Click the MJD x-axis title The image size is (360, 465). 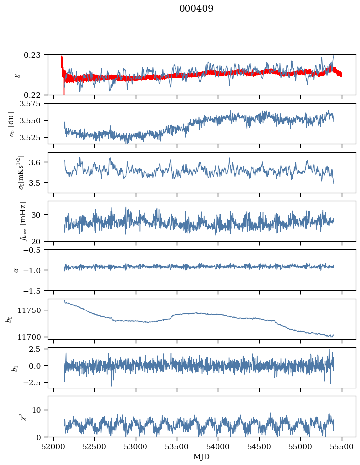[202, 456]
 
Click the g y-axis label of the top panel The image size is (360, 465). [18, 75]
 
